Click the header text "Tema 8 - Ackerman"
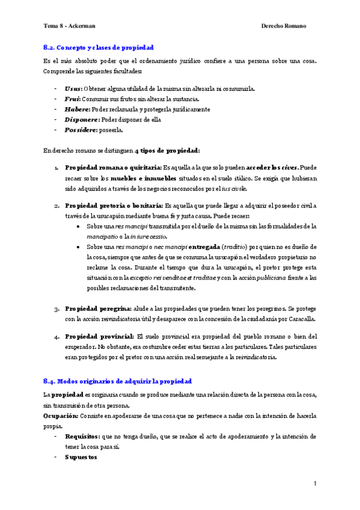click(x=69, y=26)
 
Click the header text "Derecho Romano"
click(x=284, y=26)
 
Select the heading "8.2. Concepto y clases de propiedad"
click(x=99, y=47)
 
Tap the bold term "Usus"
click(x=72, y=88)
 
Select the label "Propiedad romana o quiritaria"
click(x=112, y=167)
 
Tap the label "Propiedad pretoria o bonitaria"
click(x=113, y=205)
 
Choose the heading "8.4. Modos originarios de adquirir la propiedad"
click(x=117, y=381)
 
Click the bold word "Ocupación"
click(x=60, y=416)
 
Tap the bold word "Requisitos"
click(x=82, y=436)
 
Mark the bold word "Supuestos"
click(x=81, y=456)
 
